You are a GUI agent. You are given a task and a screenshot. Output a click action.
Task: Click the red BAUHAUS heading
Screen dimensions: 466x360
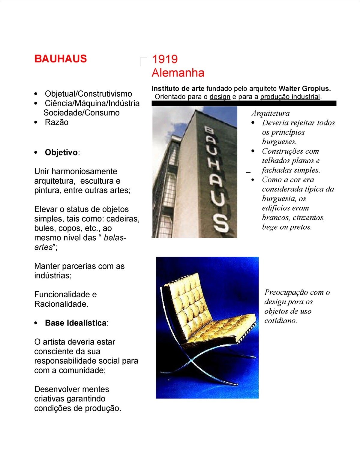pos(61,59)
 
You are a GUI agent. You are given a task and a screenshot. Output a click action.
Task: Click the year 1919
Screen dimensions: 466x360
pos(165,59)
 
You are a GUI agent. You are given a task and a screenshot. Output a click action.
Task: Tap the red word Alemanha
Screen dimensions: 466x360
pos(178,73)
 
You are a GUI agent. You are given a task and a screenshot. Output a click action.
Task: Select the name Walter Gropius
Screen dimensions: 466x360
pos(304,89)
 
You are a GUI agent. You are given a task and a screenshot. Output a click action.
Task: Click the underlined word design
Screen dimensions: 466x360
pos(220,97)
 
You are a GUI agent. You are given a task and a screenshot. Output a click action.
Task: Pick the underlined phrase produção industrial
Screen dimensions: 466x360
pos(290,97)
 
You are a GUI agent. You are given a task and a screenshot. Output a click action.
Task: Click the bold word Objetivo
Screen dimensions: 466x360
pos(61,152)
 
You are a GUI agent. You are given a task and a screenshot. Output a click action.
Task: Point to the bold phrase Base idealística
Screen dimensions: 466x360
pos(75,323)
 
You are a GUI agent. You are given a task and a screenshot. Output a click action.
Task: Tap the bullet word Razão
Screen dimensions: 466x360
pos(56,122)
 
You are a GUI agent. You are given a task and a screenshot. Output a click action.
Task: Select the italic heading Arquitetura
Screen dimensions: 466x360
pos(271,113)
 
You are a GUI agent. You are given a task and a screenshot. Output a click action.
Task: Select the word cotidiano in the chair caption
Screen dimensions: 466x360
pos(280,320)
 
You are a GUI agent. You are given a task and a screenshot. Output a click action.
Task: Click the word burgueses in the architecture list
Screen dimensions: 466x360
pos(279,141)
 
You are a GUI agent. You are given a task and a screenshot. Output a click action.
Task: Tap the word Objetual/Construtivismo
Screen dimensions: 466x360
pos(88,94)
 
